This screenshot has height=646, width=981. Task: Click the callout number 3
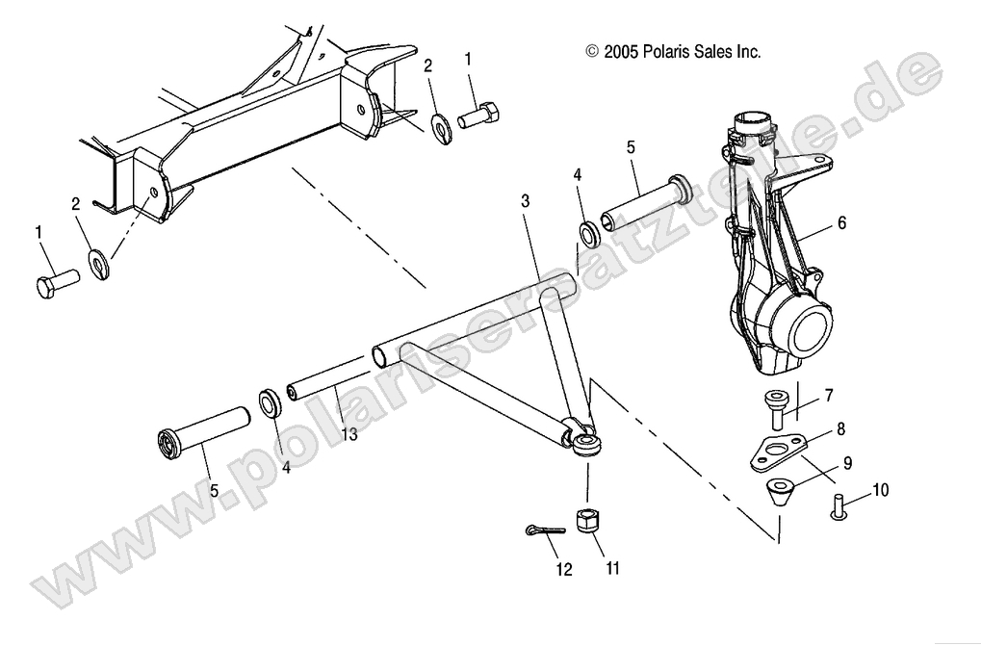[525, 201]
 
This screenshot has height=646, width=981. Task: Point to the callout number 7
[828, 395]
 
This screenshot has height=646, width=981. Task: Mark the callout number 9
[847, 463]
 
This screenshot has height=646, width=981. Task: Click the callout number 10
[881, 490]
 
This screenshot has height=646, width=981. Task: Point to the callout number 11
[612, 568]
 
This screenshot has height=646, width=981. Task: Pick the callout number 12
[563, 569]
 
